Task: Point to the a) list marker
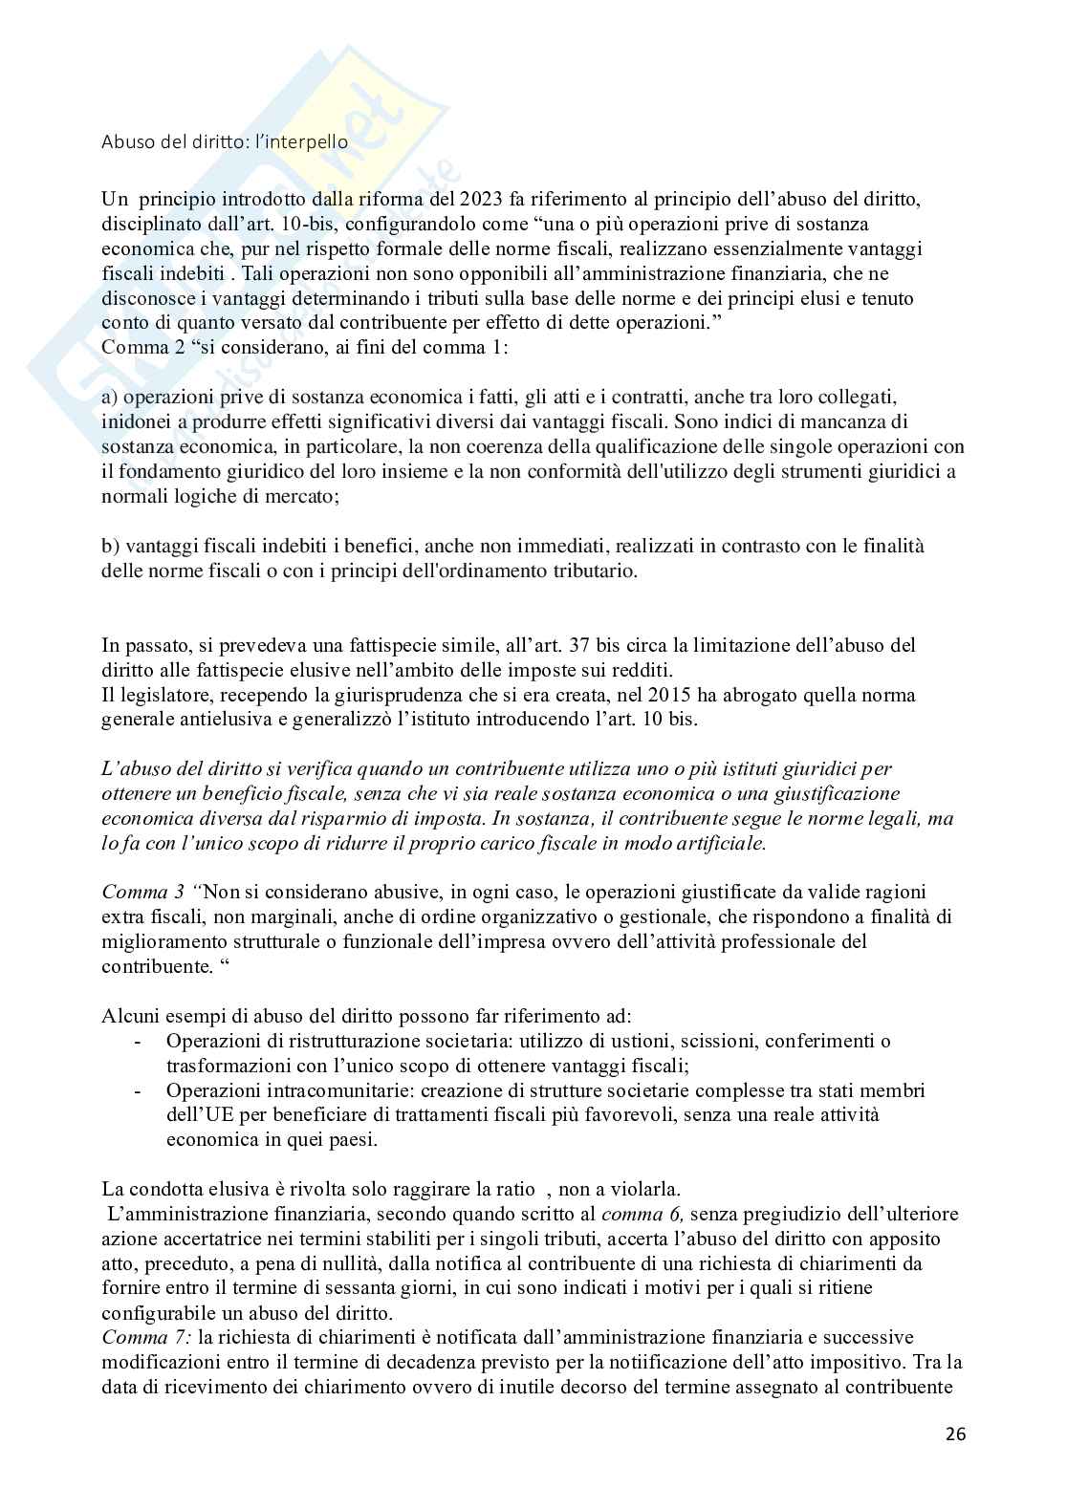[110, 397]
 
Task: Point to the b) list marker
[110, 546]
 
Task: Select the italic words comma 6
[642, 1215]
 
